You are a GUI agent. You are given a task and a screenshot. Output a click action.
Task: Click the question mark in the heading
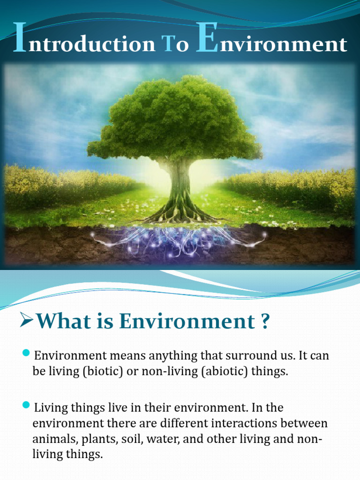tap(264, 322)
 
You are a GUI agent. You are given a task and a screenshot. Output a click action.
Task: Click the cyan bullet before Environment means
tap(27, 352)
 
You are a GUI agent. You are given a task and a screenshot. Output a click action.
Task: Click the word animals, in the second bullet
tap(52, 439)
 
